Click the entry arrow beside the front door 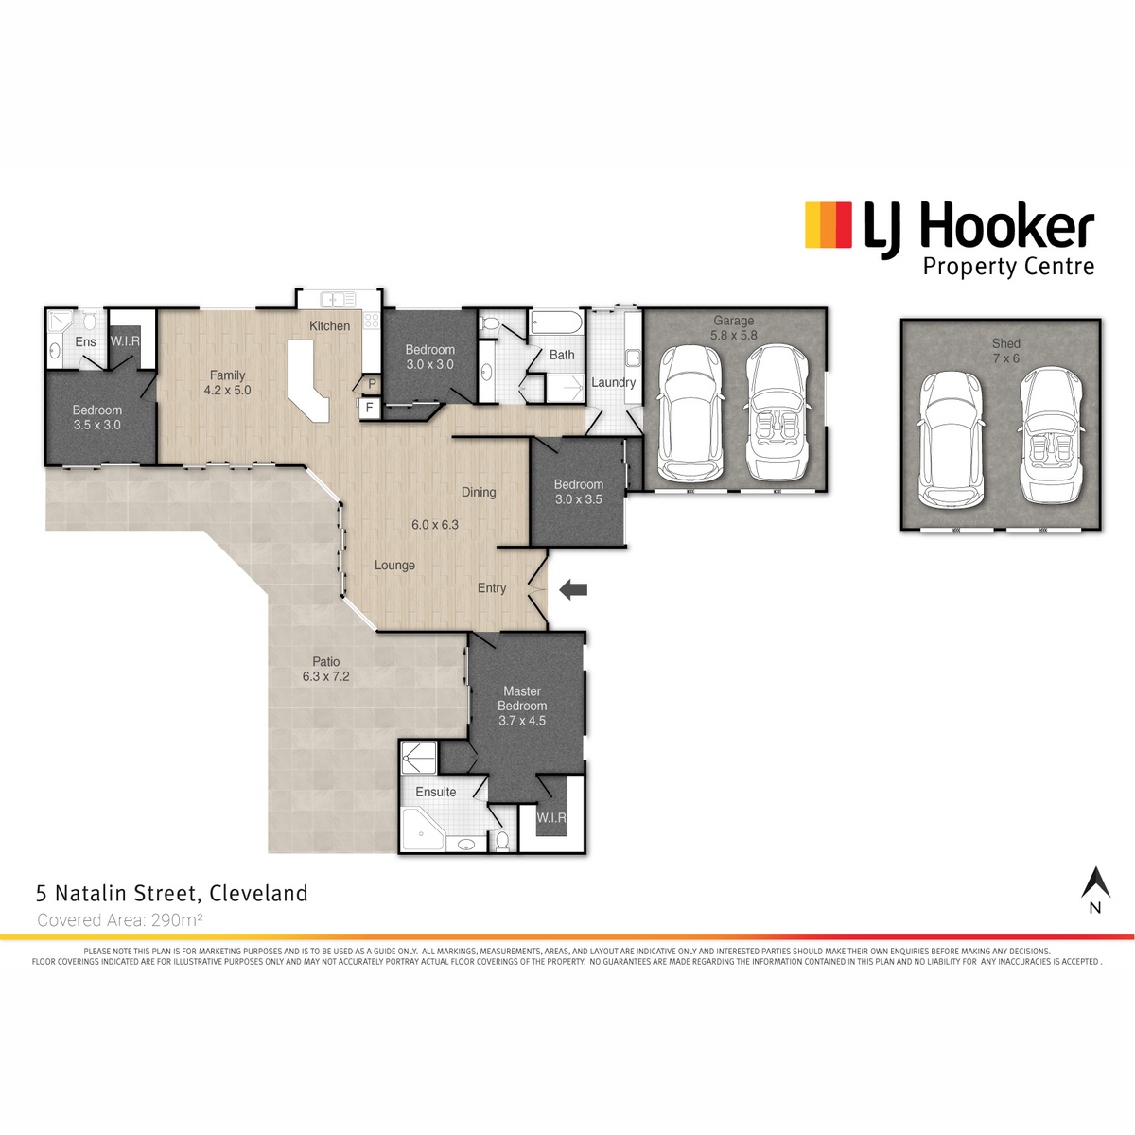coord(572,589)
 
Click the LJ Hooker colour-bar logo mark coord(829,224)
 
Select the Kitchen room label coord(329,325)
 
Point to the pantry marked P coord(372,384)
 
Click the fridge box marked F coord(369,407)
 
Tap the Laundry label coord(613,382)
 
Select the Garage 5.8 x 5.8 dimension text coord(733,335)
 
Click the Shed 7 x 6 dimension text coord(1005,358)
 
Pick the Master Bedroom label coord(522,699)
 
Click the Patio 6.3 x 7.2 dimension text coord(325,676)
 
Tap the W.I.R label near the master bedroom coord(551,818)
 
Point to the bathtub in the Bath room coord(556,323)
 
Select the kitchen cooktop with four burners coord(372,321)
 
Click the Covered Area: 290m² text coord(120,919)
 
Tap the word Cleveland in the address coord(258,893)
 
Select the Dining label coord(479,493)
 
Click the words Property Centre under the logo coord(1008,267)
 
